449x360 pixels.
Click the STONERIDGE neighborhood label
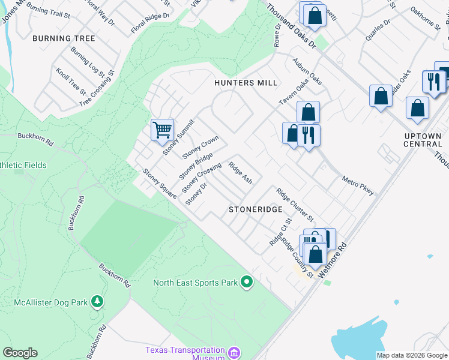[255, 209]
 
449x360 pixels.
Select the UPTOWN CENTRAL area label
[423, 140]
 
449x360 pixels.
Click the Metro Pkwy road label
[358, 185]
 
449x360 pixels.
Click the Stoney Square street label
[159, 184]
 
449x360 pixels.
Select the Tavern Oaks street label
[293, 93]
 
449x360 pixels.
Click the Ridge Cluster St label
[295, 204]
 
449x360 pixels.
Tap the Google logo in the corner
[20, 353]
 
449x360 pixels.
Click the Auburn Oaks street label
[307, 71]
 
